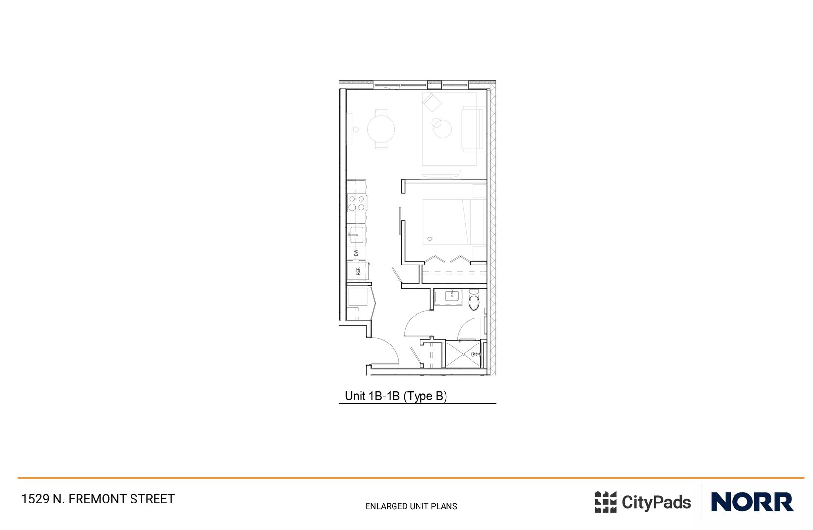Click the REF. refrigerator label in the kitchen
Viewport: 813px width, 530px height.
tap(358, 271)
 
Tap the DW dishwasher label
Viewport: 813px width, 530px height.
tap(356, 253)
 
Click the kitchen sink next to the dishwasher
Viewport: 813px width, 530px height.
tap(356, 235)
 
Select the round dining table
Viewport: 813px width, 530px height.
tap(381, 130)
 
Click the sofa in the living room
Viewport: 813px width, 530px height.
tap(472, 130)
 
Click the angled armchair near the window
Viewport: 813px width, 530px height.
tap(432, 103)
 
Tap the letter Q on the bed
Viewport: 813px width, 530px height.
tap(430, 239)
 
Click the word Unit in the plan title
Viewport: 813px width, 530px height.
tap(355, 396)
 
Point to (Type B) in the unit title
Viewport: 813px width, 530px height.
tap(425, 396)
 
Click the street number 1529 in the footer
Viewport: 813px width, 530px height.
tap(35, 499)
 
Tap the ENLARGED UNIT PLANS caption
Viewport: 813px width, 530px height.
tap(411, 506)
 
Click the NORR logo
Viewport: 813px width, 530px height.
tap(752, 502)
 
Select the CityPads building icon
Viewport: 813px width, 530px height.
tap(605, 502)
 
